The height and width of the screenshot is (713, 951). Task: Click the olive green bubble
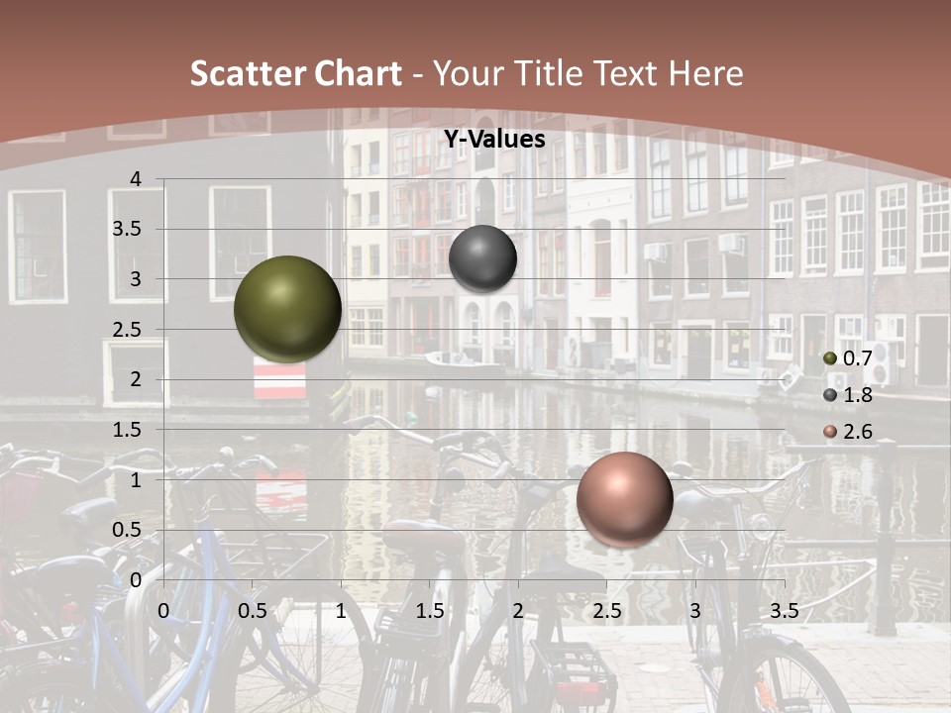pyautogui.click(x=287, y=309)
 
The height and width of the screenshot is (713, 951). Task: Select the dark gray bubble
pyautogui.click(x=482, y=258)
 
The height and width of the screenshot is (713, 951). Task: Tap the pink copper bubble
pyautogui.click(x=624, y=499)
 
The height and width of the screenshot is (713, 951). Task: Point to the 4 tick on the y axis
pyautogui.click(x=136, y=178)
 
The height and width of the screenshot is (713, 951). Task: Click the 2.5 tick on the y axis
pyautogui.click(x=126, y=329)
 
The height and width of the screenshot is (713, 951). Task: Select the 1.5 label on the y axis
pyautogui.click(x=126, y=429)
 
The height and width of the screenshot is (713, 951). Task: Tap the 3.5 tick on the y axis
pyautogui.click(x=126, y=229)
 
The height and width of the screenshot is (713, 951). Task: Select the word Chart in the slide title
pyautogui.click(x=358, y=73)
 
